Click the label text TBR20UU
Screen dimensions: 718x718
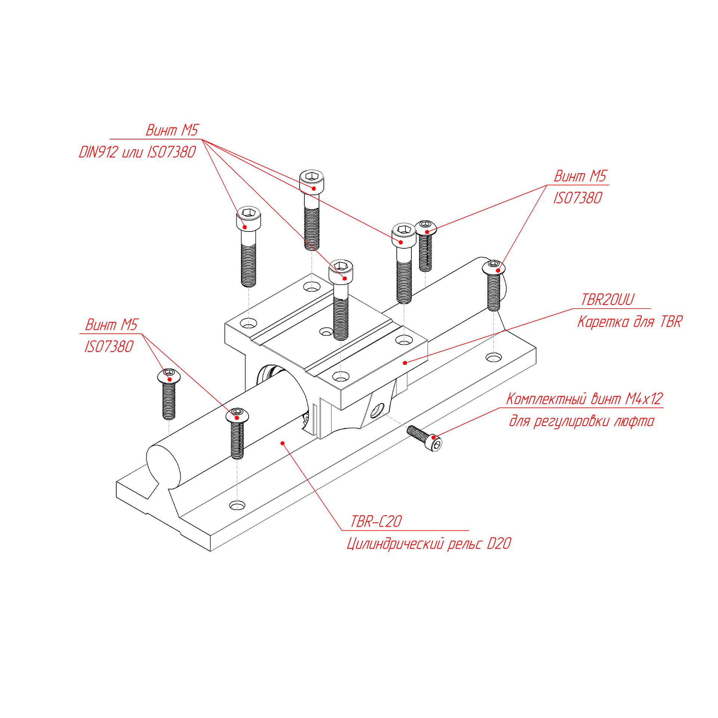607,300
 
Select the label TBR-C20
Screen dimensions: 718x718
376,521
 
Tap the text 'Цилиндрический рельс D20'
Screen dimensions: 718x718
429,544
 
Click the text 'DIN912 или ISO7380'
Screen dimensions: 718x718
137,152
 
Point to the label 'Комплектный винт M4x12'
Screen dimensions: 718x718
584,399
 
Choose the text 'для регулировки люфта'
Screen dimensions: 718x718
582,421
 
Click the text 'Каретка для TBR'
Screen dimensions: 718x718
630,322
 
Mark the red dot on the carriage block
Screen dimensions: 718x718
405,363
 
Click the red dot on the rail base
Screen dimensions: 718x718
282,443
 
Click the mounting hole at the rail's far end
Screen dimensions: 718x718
493,358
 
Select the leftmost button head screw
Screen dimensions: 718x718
169,376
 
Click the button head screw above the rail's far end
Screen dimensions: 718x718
494,267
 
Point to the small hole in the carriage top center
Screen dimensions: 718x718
326,332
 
